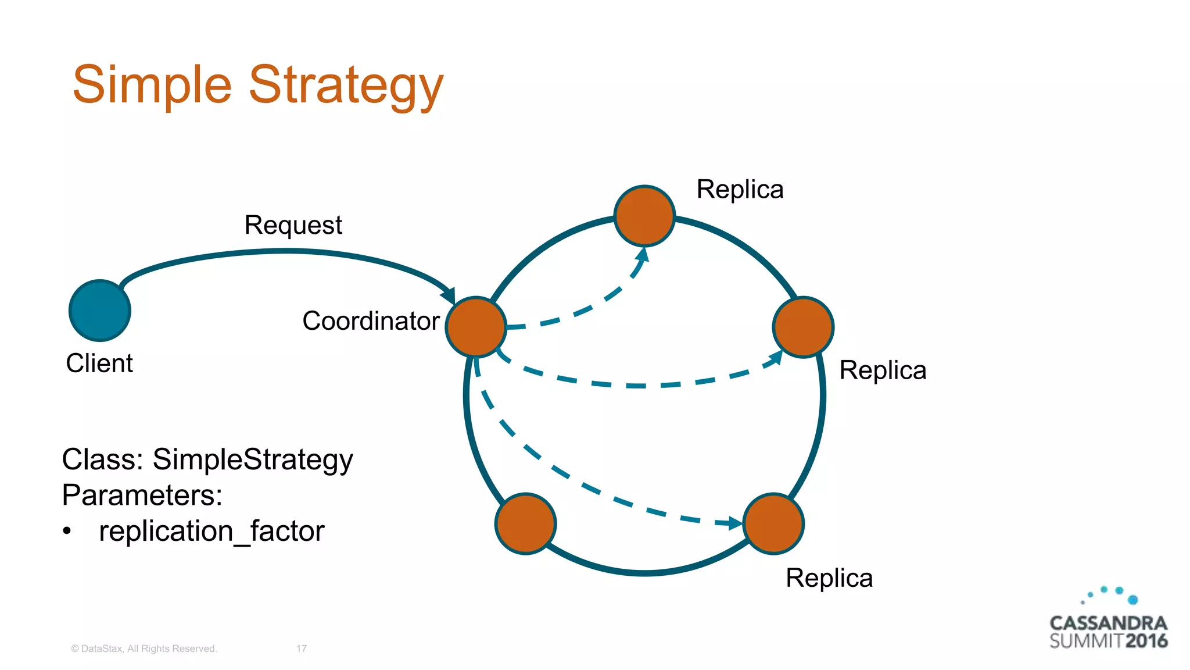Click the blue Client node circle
(x=100, y=311)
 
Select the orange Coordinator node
(x=476, y=327)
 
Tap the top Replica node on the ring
(x=644, y=216)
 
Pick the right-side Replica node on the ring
(x=803, y=327)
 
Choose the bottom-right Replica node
(x=773, y=523)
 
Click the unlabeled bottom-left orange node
(x=525, y=523)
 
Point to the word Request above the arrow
(x=293, y=226)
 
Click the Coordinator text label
(x=371, y=321)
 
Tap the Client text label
(x=99, y=363)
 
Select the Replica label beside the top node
(x=740, y=190)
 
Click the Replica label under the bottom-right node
(x=829, y=578)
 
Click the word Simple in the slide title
(x=152, y=86)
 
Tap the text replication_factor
(x=212, y=531)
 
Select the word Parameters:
(x=142, y=496)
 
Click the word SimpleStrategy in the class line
(x=253, y=459)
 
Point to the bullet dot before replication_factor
(x=67, y=531)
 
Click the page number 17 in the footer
(x=302, y=648)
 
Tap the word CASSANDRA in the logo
(x=1108, y=623)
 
